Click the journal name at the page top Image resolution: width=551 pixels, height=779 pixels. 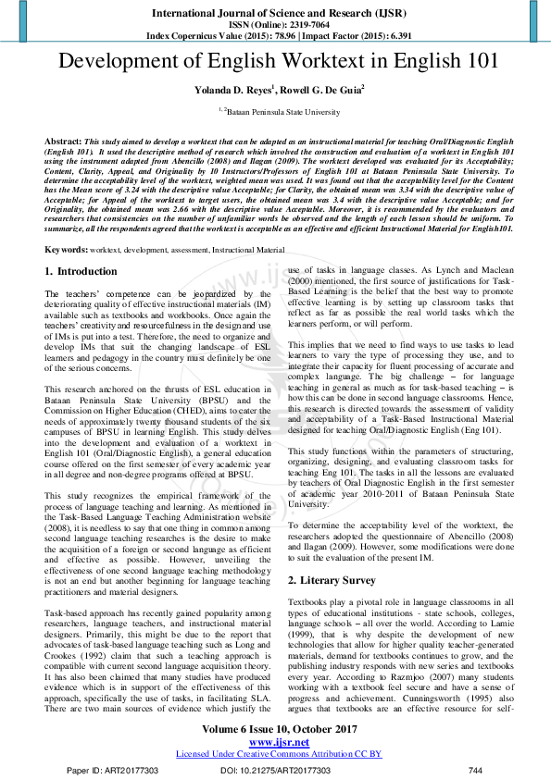275,14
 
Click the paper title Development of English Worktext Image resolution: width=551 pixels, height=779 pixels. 275,62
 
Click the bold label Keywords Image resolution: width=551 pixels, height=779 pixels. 67,251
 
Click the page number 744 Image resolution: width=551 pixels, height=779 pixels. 476,770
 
